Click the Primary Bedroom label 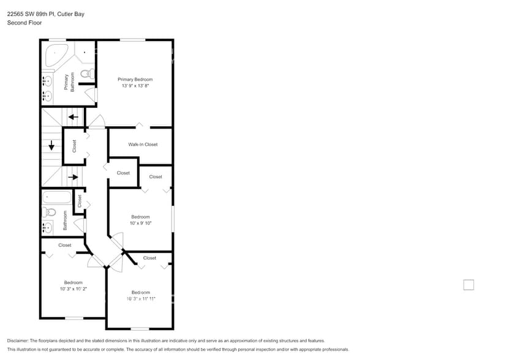(135, 80)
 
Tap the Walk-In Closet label (143, 144)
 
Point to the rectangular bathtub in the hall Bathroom (56, 198)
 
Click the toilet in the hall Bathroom (50, 212)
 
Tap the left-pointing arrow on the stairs (73, 116)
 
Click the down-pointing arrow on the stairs (51, 146)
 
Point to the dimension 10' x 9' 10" (140, 223)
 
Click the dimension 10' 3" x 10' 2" (74, 289)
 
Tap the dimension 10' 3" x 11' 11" (141, 299)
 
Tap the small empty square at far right (469, 285)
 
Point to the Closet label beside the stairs (74, 146)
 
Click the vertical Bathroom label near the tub (64, 221)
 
